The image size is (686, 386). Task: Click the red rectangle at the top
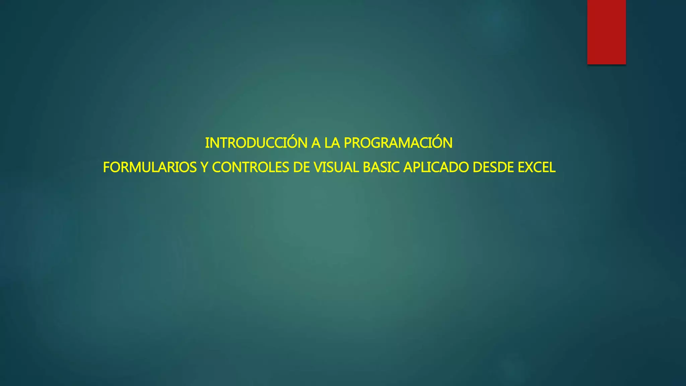pyautogui.click(x=606, y=32)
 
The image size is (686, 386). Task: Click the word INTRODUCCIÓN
pyautogui.click(x=256, y=143)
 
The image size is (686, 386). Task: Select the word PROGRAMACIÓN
pyautogui.click(x=398, y=143)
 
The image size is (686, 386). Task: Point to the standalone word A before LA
pyautogui.click(x=316, y=143)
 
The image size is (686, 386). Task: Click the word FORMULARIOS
pyautogui.click(x=150, y=168)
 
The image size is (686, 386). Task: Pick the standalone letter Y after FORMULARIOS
pyautogui.click(x=204, y=168)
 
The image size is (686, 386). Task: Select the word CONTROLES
pyautogui.click(x=250, y=168)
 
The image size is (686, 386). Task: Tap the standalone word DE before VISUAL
pyautogui.click(x=301, y=168)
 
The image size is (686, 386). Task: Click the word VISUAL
pyautogui.click(x=336, y=168)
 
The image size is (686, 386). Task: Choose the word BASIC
pyautogui.click(x=381, y=168)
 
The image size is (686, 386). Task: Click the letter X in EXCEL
pyautogui.click(x=530, y=168)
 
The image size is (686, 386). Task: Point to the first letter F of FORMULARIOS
pyautogui.click(x=107, y=168)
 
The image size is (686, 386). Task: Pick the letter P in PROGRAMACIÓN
pyautogui.click(x=348, y=143)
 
